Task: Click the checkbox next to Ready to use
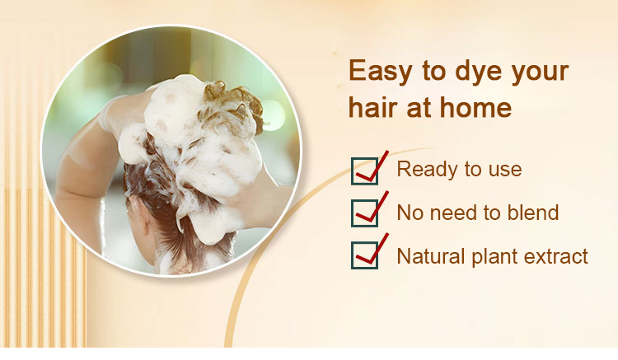(x=364, y=171)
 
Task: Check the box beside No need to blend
(x=364, y=213)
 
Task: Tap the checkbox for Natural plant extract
(x=364, y=255)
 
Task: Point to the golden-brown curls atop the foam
(x=232, y=103)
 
